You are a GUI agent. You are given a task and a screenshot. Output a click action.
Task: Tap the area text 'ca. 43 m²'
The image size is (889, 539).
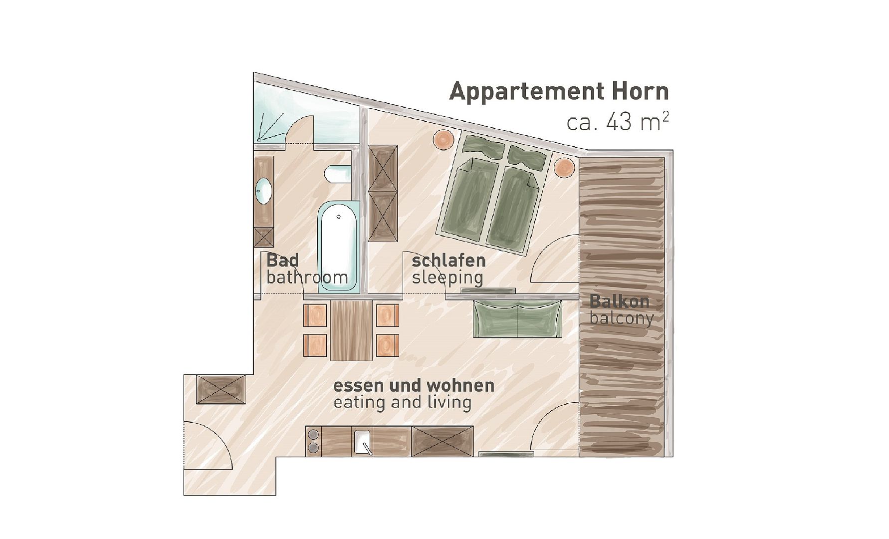coord(618,122)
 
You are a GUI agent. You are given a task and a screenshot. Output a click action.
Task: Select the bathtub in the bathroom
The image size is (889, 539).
coord(338,246)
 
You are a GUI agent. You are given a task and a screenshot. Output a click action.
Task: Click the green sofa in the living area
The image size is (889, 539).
coord(518,319)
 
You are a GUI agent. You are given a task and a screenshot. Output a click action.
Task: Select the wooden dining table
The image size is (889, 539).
coord(351,330)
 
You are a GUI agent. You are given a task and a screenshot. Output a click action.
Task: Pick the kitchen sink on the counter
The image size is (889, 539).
coord(363,442)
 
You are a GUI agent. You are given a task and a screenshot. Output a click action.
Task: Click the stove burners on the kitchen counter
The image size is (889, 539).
coord(313,441)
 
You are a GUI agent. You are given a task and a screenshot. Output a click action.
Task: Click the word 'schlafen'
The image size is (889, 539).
coord(448,261)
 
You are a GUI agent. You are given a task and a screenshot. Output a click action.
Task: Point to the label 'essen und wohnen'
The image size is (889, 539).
coord(414,386)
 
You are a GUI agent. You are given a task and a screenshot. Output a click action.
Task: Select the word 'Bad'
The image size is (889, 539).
coord(283,261)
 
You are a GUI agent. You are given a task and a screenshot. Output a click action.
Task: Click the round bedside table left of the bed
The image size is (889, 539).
coord(443,139)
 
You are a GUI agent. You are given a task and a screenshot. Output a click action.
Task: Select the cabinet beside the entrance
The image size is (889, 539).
coord(221,390)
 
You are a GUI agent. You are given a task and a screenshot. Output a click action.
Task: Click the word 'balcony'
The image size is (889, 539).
coord(622,318)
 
